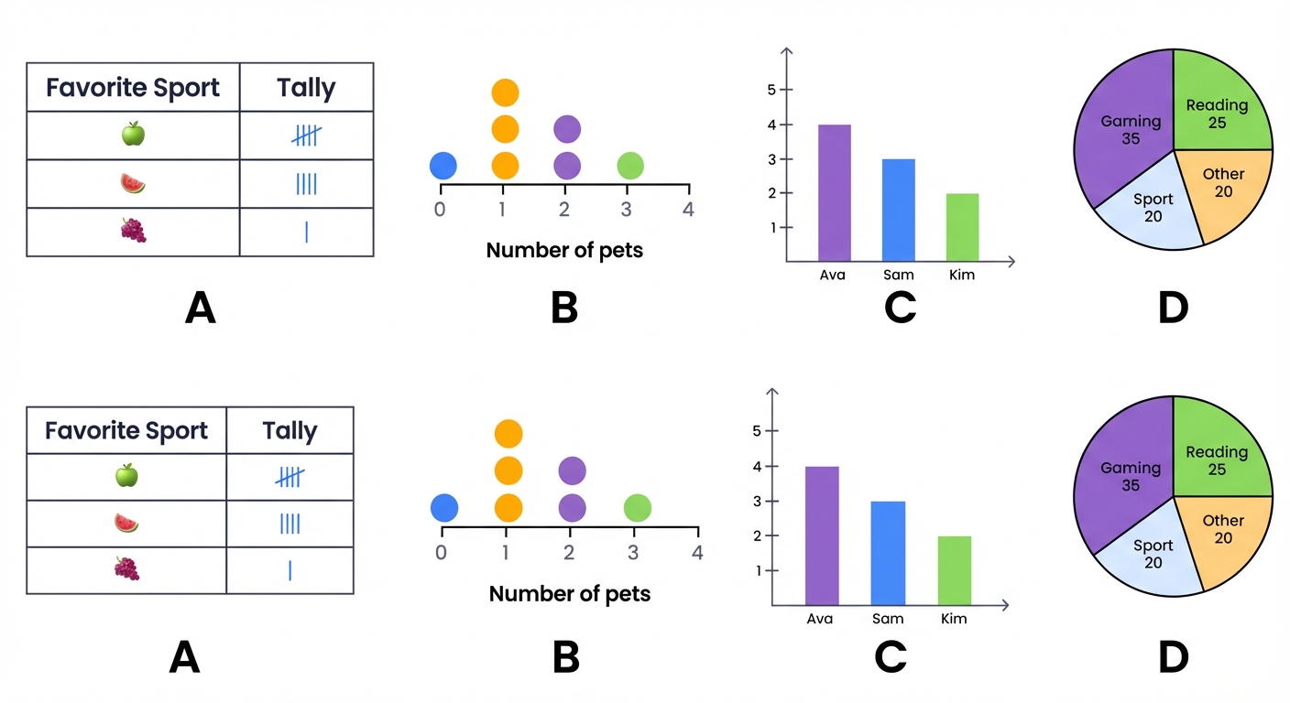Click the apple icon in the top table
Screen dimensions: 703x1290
coord(133,135)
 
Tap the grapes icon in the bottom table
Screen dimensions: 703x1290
coord(126,568)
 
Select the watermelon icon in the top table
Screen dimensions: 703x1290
coord(132,183)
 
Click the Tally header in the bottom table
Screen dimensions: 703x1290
coord(290,430)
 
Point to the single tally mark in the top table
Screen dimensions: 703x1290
coord(306,232)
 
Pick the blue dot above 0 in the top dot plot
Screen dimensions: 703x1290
coord(443,166)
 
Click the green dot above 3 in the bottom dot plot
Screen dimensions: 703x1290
coord(638,507)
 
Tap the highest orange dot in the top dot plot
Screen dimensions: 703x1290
coord(505,92)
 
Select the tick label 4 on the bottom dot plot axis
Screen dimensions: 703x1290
coord(697,552)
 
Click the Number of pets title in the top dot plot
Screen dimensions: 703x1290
coord(564,249)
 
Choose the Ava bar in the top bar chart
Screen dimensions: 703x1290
coord(834,192)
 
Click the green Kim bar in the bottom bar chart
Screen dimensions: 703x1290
coord(955,569)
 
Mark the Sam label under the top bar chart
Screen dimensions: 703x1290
coord(898,275)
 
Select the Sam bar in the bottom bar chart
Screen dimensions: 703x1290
coord(887,553)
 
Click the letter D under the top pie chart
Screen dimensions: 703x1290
coord(1173,308)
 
